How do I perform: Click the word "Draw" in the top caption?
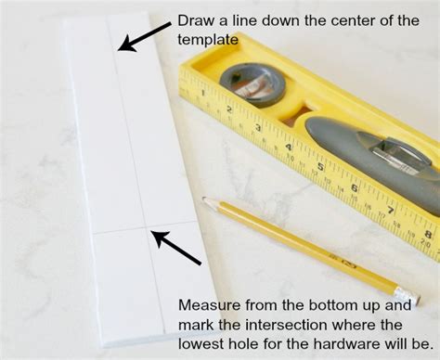point(194,21)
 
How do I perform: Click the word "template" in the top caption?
point(206,41)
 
